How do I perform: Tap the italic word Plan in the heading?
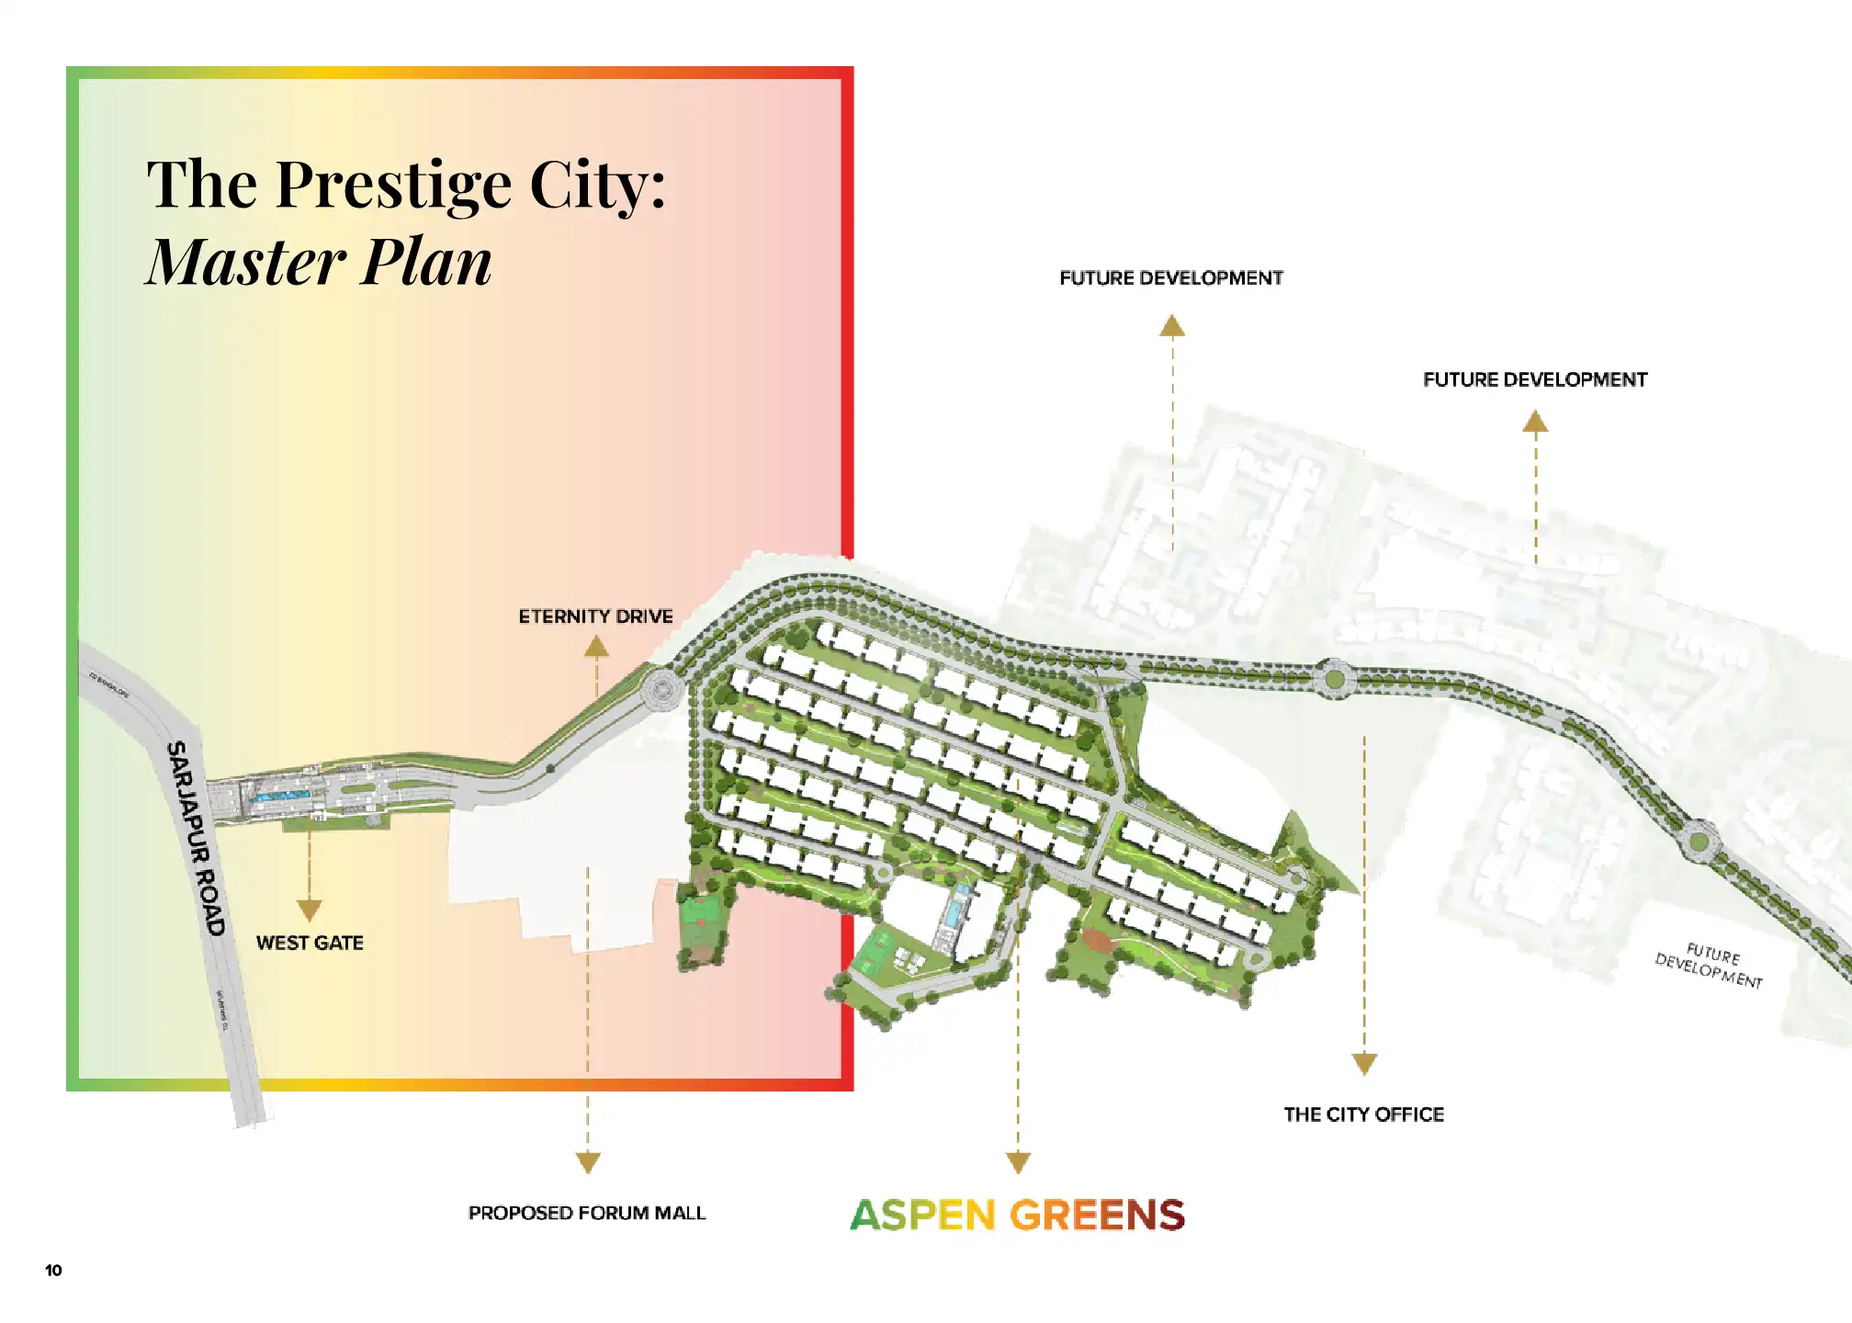pos(426,262)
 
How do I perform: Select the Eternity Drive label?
pos(595,616)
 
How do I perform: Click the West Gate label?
pos(310,943)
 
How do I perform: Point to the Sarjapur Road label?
pos(196,838)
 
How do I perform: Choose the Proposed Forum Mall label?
pos(587,1213)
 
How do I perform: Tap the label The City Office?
pos(1364,1114)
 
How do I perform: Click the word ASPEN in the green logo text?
pos(923,1216)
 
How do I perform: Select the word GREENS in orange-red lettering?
pos(1098,1216)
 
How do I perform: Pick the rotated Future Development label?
pos(1710,966)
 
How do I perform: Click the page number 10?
pos(53,1271)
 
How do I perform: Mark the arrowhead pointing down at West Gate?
pos(310,910)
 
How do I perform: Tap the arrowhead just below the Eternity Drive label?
pos(596,647)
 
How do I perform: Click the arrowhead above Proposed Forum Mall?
pos(588,1163)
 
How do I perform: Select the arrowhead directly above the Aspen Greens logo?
pos(1018,1163)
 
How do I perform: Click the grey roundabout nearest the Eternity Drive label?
pos(660,689)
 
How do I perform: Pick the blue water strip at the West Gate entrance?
pos(280,796)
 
